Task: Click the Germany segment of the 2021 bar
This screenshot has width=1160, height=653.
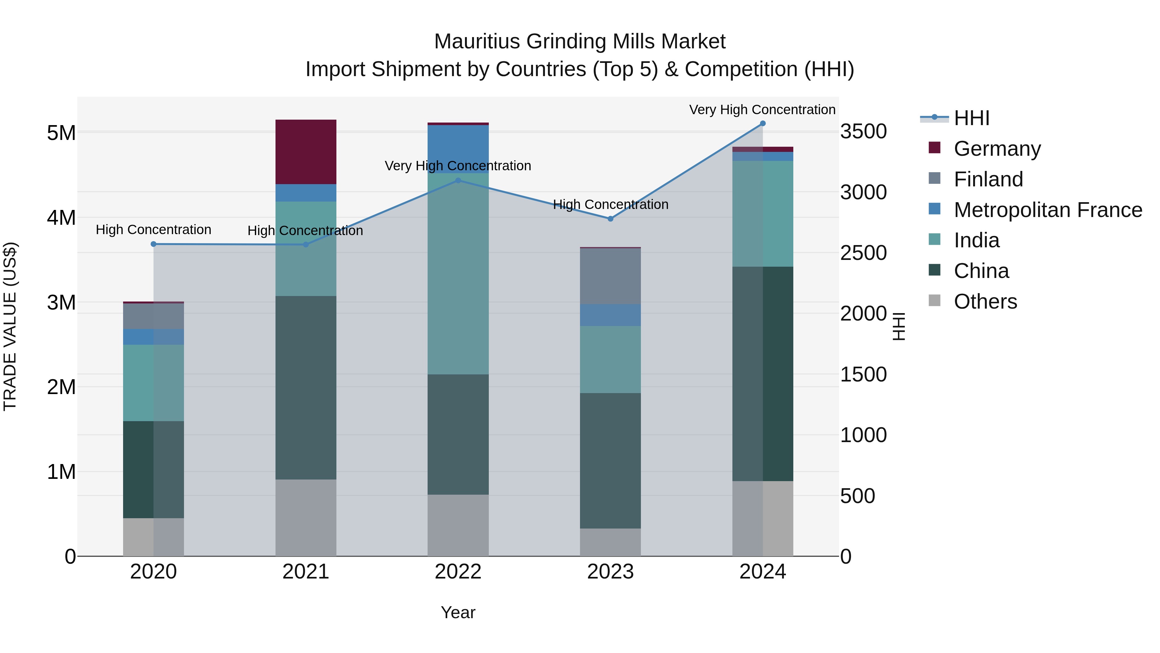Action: tap(306, 152)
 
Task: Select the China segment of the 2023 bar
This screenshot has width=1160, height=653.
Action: tap(610, 460)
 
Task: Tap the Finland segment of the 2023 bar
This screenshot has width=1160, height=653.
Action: tap(610, 276)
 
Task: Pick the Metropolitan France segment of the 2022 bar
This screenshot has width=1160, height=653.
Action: tap(458, 149)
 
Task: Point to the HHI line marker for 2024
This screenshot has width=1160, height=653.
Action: tap(762, 124)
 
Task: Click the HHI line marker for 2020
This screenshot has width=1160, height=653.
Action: tap(154, 244)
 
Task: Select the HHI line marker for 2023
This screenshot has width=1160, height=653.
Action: tap(610, 219)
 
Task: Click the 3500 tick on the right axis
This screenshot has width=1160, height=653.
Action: tap(863, 132)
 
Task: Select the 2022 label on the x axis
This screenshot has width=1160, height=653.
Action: tap(458, 572)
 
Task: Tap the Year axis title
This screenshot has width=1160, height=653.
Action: tap(458, 612)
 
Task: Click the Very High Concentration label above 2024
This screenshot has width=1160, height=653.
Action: tap(762, 110)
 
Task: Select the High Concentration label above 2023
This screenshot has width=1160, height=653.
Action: tap(610, 204)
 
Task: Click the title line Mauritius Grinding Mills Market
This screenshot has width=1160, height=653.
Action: tap(580, 42)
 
